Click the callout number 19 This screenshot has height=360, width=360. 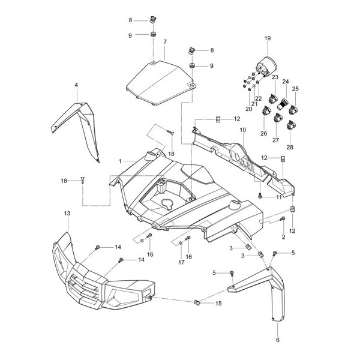268,39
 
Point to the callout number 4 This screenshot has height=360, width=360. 76,86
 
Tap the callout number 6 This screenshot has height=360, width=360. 278,340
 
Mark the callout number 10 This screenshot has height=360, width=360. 242,130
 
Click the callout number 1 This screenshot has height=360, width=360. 120,161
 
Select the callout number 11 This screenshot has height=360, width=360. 278,197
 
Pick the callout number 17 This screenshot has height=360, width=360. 181,262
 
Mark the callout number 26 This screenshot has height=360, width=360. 262,134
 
